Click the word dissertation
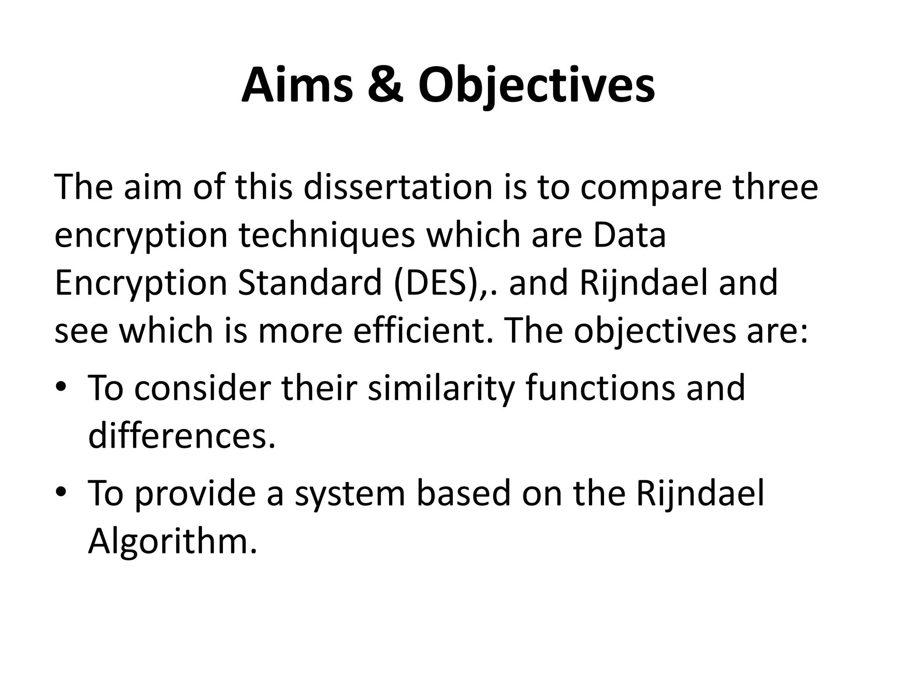point(398,187)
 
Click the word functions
point(600,388)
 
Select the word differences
point(182,436)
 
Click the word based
point(463,493)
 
